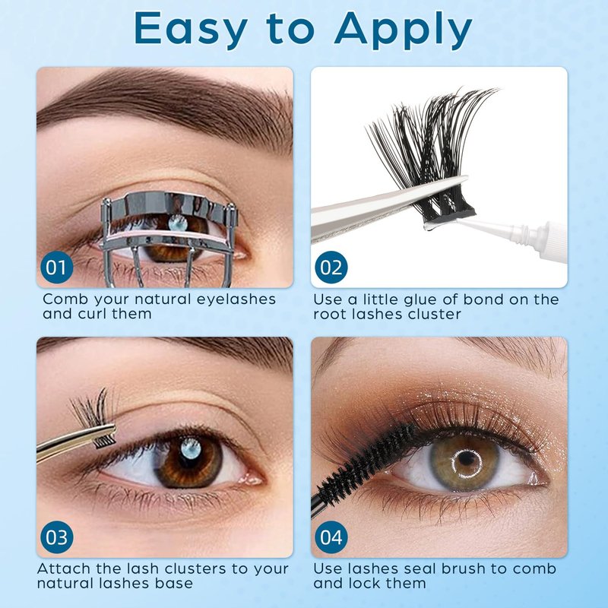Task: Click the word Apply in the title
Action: tap(404, 30)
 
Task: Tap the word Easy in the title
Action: tap(192, 28)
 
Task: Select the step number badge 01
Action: tap(56, 268)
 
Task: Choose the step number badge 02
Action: tap(331, 268)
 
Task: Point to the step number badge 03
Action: tap(56, 537)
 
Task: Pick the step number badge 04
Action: tap(331, 537)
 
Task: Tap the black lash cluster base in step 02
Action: tap(449, 217)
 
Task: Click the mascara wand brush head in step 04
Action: tap(366, 460)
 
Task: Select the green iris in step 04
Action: tap(464, 462)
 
